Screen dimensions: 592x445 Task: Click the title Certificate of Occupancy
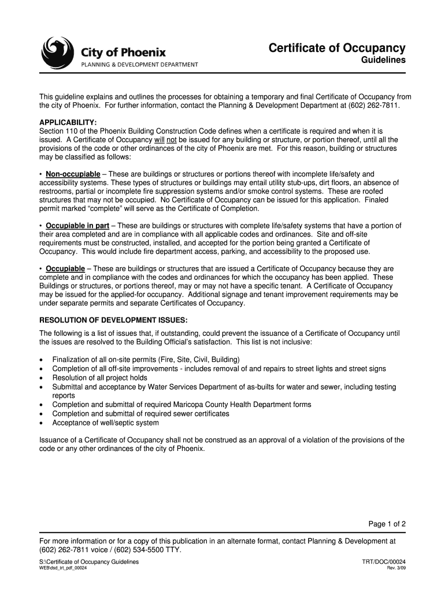(x=337, y=48)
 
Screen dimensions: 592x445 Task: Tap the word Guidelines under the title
(x=383, y=60)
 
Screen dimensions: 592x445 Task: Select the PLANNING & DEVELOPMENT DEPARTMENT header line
(x=139, y=65)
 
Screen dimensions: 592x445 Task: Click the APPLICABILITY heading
(x=68, y=123)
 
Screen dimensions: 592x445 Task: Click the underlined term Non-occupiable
(x=73, y=174)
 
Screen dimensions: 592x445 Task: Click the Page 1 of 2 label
(x=387, y=524)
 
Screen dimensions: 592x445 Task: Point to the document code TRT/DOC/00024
(x=383, y=562)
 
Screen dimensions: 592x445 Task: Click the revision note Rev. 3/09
(x=396, y=568)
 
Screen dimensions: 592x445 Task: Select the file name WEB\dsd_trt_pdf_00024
(x=63, y=568)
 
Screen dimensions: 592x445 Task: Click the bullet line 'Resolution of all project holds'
(x=99, y=378)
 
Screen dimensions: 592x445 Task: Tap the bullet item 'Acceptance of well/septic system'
(x=105, y=423)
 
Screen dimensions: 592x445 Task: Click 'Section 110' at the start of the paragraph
(x=58, y=131)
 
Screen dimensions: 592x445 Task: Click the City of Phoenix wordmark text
(x=123, y=53)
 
